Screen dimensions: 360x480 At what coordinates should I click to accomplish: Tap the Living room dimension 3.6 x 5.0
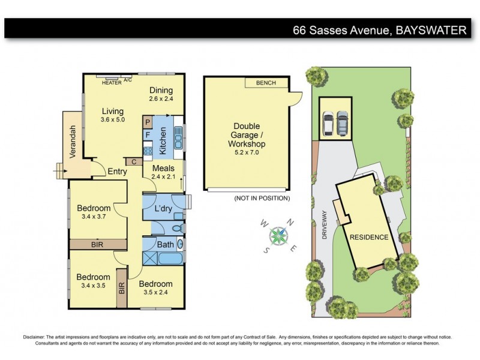(112, 120)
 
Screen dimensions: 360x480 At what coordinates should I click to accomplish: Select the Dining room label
(161, 90)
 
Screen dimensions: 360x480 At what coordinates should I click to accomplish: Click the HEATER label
(112, 83)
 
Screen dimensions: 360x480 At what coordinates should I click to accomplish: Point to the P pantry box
(147, 122)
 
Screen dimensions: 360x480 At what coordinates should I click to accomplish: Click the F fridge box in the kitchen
(147, 134)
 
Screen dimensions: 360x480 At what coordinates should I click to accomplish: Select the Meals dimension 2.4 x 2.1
(163, 177)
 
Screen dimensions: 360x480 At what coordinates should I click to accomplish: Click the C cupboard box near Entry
(133, 161)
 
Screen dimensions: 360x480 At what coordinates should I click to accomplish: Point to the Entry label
(117, 172)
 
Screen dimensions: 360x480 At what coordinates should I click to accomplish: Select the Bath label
(165, 245)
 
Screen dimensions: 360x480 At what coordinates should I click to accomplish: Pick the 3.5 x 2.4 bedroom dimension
(156, 293)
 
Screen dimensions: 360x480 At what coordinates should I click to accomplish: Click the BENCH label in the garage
(266, 83)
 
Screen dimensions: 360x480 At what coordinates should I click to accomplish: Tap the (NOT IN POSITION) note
(262, 198)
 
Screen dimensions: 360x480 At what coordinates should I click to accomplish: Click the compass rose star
(278, 235)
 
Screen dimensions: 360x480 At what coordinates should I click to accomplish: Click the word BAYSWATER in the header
(431, 29)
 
